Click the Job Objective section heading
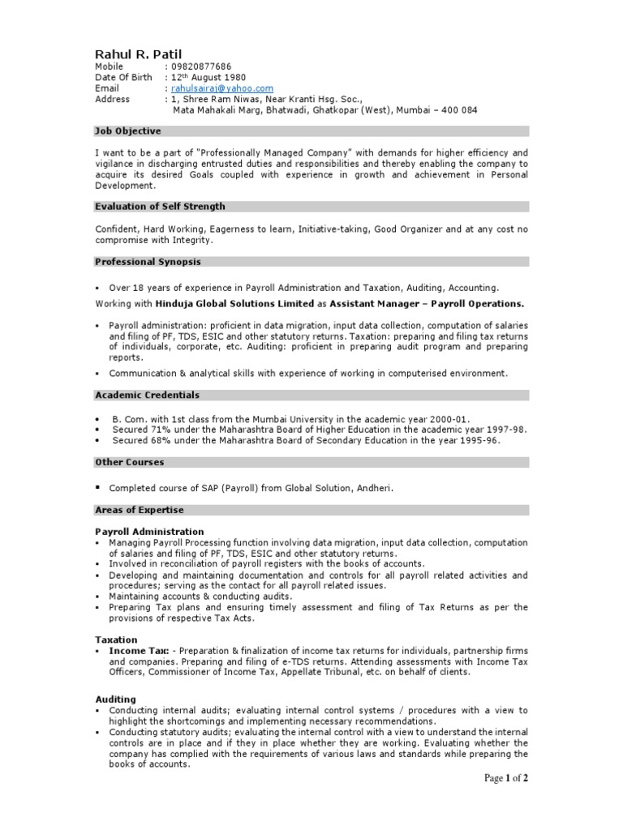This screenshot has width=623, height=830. (128, 131)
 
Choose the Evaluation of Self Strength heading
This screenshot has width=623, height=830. (160, 207)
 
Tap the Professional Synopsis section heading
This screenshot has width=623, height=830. (148, 262)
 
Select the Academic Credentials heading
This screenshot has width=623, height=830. (147, 395)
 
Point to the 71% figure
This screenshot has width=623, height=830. (158, 430)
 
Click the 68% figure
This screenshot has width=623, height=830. (158, 440)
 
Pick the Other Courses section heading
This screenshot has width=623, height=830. (129, 462)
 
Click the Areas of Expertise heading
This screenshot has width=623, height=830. (140, 510)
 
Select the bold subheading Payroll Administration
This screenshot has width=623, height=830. (149, 532)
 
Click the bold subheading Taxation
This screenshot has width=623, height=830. (116, 640)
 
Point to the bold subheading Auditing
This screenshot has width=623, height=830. (115, 699)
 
